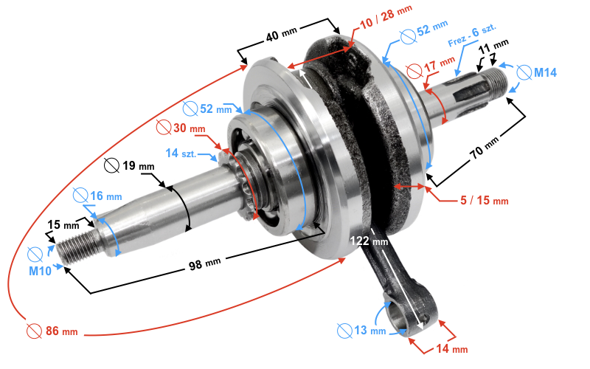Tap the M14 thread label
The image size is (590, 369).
pyautogui.click(x=546, y=72)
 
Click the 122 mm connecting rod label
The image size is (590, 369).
pyautogui.click(x=369, y=241)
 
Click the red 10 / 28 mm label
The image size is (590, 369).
pyautogui.click(x=386, y=13)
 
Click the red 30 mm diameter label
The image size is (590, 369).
pyautogui.click(x=187, y=128)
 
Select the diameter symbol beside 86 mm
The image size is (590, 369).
pyautogui.click(x=32, y=331)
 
